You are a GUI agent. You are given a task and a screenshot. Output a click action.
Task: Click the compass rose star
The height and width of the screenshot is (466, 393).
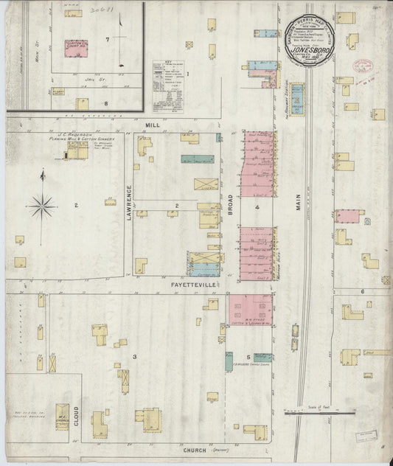[x=42, y=205]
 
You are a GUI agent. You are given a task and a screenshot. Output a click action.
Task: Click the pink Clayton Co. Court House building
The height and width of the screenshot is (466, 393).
[x=75, y=47]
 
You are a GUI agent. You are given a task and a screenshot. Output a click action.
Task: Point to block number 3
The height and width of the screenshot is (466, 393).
[x=134, y=357]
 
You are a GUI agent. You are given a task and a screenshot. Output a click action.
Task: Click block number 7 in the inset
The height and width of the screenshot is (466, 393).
[x=107, y=38]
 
